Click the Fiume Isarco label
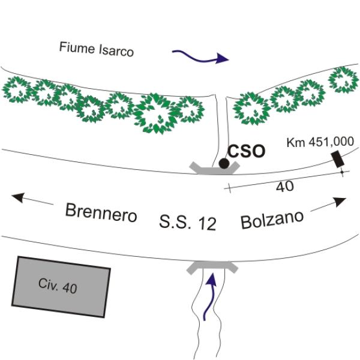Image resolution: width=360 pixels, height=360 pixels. click(97, 49)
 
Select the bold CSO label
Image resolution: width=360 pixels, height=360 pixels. click(247, 151)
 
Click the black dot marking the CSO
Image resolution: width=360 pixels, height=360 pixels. click(224, 163)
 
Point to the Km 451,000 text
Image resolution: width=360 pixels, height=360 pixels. click(320, 142)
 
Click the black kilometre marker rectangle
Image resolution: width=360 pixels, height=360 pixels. click(338, 159)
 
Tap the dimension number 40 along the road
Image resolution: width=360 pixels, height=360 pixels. click(284, 187)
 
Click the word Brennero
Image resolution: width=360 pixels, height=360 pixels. click(101, 213)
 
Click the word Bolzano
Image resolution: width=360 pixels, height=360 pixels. click(272, 220)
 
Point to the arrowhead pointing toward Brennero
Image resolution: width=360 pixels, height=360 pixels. click(18, 197)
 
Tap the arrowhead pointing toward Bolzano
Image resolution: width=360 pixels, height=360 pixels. click(340, 202)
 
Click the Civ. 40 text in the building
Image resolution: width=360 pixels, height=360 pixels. click(58, 286)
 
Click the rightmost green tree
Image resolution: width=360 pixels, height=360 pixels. click(343, 80)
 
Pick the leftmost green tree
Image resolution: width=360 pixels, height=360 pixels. click(17, 89)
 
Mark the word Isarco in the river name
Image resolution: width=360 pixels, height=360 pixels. click(116, 50)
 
